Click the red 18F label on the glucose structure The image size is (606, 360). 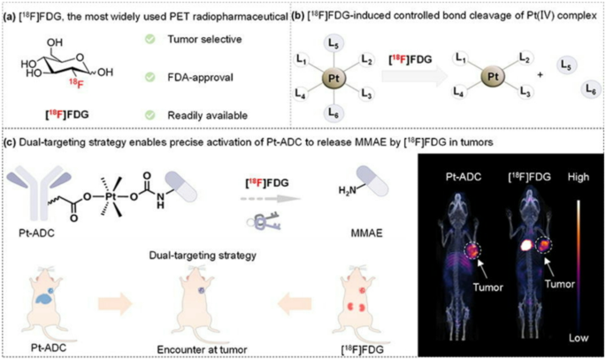pos(77,86)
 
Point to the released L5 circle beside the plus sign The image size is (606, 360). pos(568,65)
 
